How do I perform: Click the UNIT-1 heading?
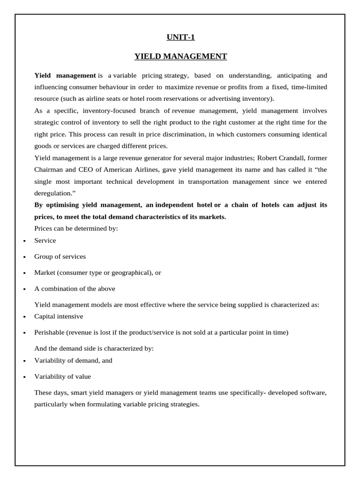[x=180, y=37]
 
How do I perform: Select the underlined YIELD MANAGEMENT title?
[x=180, y=56]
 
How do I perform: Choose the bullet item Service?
[x=45, y=240]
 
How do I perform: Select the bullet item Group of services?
[x=60, y=256]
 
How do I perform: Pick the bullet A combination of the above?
[x=75, y=288]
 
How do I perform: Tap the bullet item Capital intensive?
[x=59, y=316]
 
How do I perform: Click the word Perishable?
[x=49, y=332]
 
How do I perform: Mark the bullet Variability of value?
[x=63, y=376]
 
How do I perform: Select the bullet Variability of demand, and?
[x=73, y=360]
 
